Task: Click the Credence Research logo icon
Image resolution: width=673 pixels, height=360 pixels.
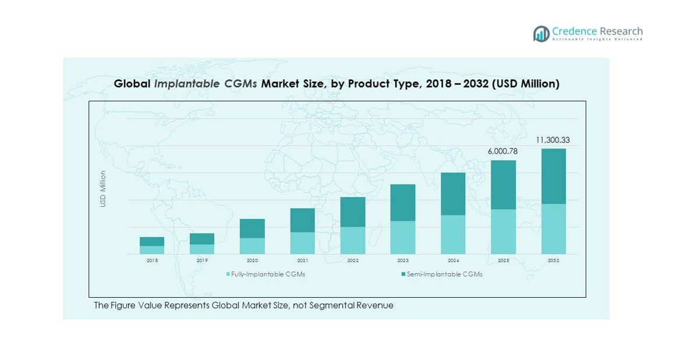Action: pyautogui.click(x=541, y=33)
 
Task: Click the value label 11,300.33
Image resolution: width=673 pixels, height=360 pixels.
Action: pyautogui.click(x=553, y=140)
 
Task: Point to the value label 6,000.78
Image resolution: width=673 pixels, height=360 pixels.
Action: pyautogui.click(x=503, y=151)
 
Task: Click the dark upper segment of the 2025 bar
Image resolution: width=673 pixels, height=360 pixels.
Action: pyautogui.click(x=504, y=185)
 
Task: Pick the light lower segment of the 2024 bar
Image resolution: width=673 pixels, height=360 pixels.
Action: pyautogui.click(x=453, y=234)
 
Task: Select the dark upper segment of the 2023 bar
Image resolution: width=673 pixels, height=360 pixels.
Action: pyautogui.click(x=403, y=203)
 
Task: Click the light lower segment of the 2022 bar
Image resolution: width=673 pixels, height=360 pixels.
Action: pyautogui.click(x=353, y=240)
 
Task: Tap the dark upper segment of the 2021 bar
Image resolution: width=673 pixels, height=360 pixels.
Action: pyautogui.click(x=303, y=220)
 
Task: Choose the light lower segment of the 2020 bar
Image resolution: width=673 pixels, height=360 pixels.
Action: pyautogui.click(x=252, y=246)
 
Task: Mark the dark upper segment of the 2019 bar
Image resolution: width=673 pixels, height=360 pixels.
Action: pyautogui.click(x=202, y=239)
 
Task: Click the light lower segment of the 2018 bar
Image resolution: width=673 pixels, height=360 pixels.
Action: pyautogui.click(x=152, y=250)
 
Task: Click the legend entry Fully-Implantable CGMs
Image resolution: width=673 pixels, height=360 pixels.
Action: pyautogui.click(x=268, y=274)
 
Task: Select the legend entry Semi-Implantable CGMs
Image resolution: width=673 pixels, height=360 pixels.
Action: pyautogui.click(x=445, y=274)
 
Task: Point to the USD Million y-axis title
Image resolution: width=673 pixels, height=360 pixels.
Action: pyautogui.click(x=103, y=188)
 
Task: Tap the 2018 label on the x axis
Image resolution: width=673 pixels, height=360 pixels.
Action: pyautogui.click(x=152, y=260)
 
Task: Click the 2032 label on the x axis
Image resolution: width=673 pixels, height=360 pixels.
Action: pyautogui.click(x=554, y=260)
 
